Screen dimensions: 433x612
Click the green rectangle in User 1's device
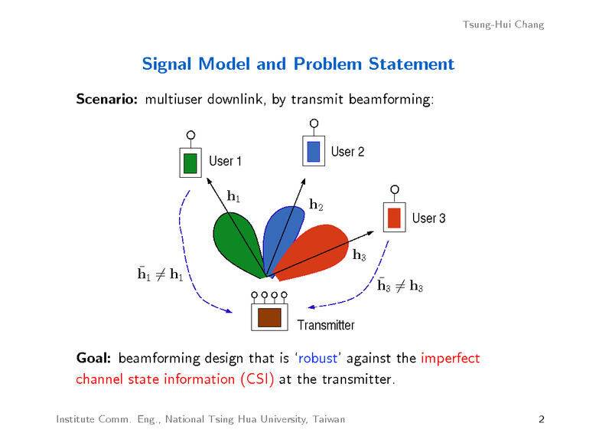(x=190, y=163)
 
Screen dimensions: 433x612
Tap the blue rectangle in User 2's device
(x=313, y=151)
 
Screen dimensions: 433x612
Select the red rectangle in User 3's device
(x=395, y=218)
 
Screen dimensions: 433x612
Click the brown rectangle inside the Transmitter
(x=269, y=317)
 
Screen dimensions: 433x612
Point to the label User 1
(x=226, y=161)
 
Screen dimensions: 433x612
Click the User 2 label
(x=347, y=152)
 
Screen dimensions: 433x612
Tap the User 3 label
(x=428, y=218)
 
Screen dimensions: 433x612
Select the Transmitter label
(x=326, y=325)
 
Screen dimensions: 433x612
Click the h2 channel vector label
(x=316, y=205)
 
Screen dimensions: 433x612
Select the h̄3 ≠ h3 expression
(x=400, y=286)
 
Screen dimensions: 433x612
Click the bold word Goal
(x=95, y=359)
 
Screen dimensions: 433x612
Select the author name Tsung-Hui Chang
(x=503, y=25)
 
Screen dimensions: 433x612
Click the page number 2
(x=541, y=419)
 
